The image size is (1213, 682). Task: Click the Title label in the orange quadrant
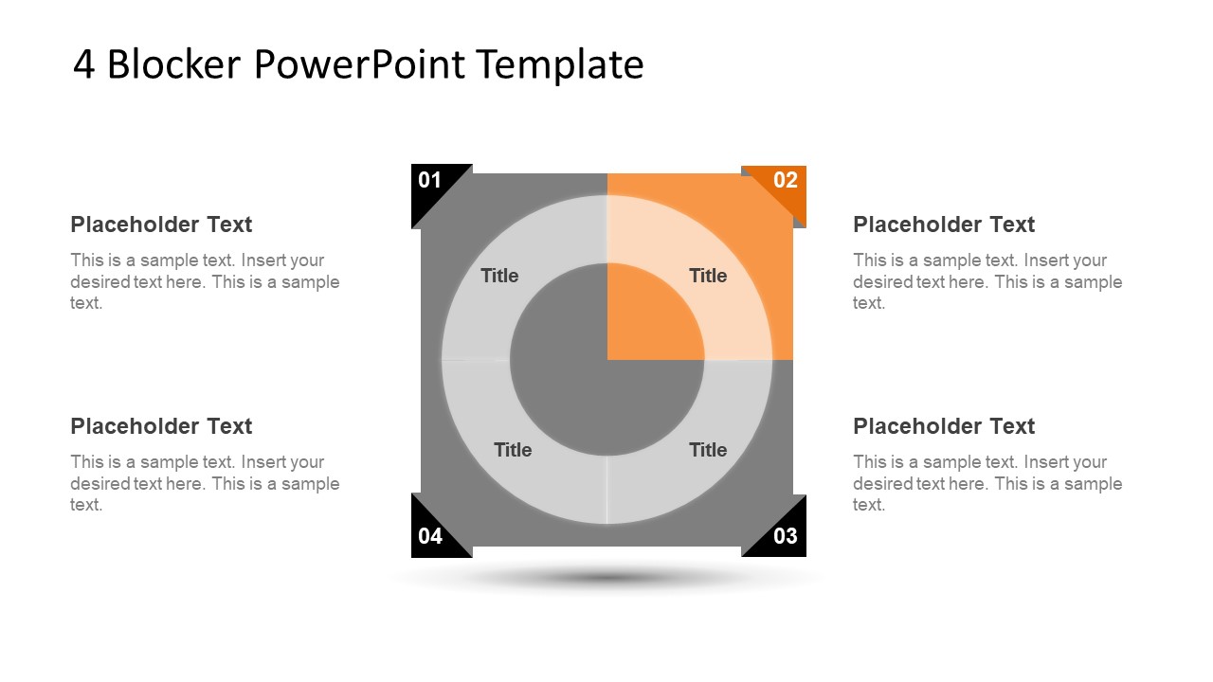[x=708, y=276]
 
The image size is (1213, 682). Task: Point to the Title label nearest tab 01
[x=499, y=276]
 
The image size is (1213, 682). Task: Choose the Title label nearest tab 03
[x=708, y=450]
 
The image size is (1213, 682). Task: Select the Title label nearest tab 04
[x=513, y=450]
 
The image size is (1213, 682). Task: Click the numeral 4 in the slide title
[x=83, y=64]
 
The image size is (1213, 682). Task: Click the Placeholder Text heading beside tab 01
[x=161, y=224]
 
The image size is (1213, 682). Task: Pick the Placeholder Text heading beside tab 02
[x=944, y=224]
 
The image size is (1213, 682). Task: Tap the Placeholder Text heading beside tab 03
[x=944, y=426]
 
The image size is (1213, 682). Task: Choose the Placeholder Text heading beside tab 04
[x=161, y=426]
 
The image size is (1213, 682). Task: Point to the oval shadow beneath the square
[x=606, y=577]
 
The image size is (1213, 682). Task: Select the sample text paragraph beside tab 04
[x=205, y=483]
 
